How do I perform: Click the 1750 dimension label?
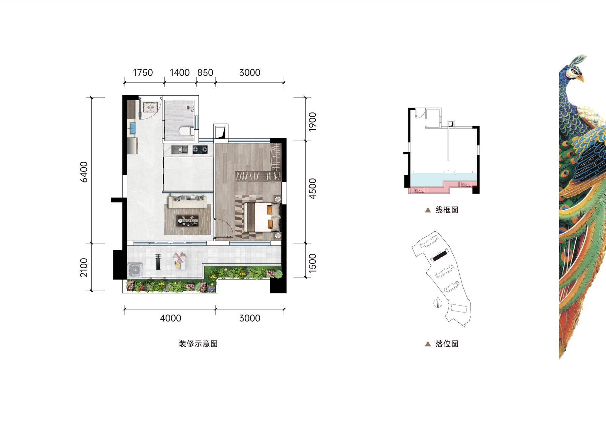143,72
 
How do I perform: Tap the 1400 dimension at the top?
180,72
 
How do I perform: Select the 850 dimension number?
205,72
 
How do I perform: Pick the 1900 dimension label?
312,122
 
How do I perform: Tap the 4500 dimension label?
312,189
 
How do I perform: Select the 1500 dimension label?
312,263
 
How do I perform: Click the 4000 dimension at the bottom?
171,318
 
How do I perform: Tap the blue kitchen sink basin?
132,128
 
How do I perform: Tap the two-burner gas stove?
200,149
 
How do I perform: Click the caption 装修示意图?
198,344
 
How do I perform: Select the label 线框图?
447,210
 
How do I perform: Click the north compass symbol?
438,303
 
